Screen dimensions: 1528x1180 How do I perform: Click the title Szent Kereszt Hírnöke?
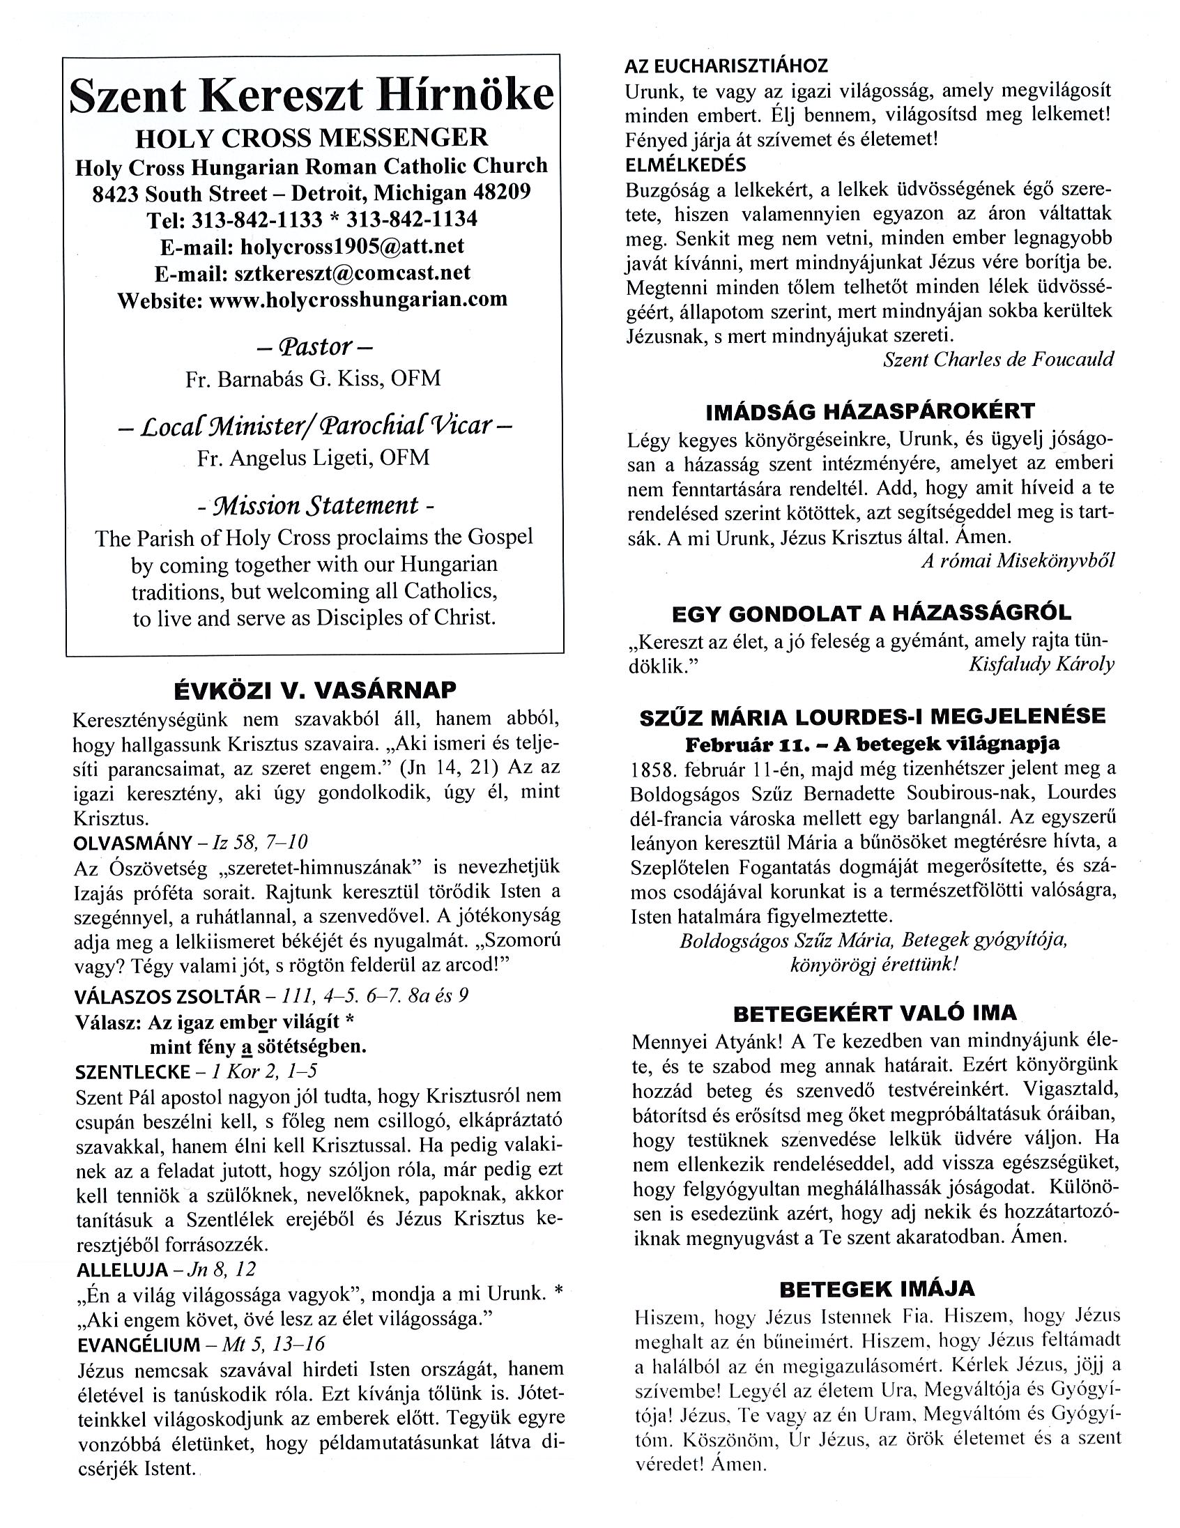click(x=312, y=97)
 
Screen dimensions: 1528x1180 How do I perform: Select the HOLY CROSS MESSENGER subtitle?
click(x=312, y=137)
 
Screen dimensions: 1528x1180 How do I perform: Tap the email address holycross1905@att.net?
click(x=352, y=246)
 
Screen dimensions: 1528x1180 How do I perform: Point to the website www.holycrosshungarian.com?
click(x=358, y=300)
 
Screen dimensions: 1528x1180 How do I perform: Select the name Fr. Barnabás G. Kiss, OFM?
click(x=313, y=379)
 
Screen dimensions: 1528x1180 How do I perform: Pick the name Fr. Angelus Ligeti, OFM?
click(x=313, y=457)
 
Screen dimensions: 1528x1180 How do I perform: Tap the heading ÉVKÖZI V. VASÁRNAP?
click(x=315, y=691)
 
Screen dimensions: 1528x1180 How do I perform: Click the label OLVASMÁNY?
click(x=123, y=842)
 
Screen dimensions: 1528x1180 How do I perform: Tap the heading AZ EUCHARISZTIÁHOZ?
click(x=726, y=66)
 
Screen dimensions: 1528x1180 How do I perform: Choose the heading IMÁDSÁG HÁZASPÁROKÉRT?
click(x=870, y=411)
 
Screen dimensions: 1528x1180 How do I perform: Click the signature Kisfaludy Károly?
click(x=1041, y=664)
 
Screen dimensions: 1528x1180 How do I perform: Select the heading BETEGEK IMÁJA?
click(x=876, y=1288)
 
